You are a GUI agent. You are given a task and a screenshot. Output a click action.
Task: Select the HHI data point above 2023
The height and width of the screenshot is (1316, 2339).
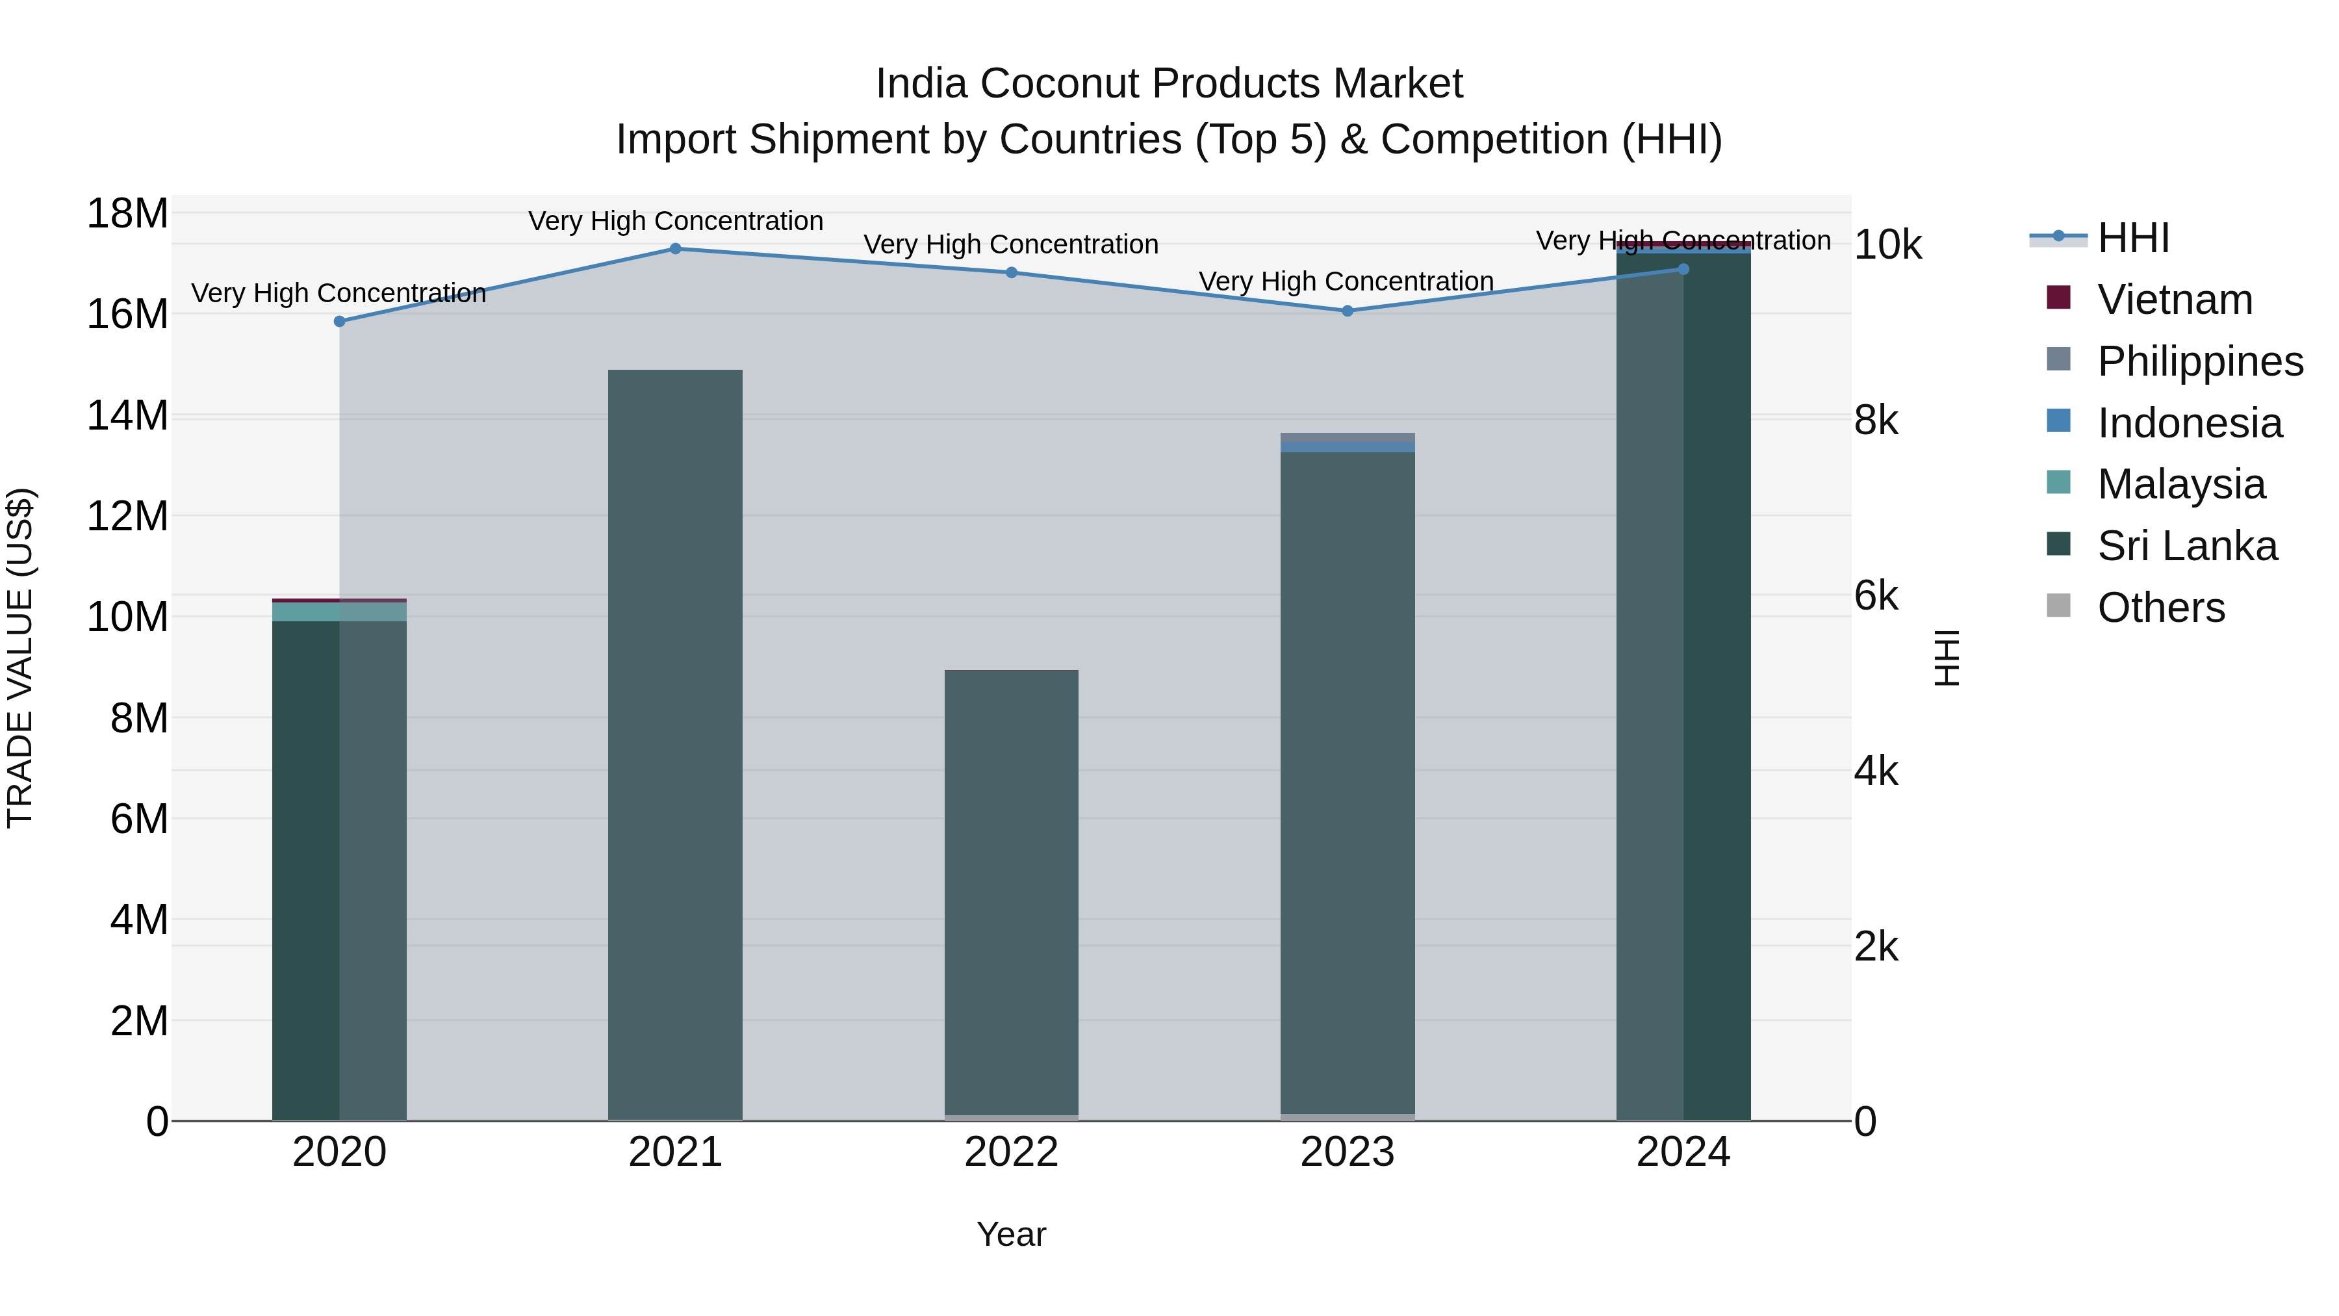point(1347,311)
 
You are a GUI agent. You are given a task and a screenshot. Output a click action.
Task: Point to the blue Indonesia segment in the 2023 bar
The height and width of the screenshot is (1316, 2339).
point(1347,447)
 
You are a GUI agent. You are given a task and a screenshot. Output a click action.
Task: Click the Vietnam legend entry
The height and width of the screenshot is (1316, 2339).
point(2175,300)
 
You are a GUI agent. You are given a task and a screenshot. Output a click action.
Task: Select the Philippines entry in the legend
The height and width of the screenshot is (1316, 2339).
point(2200,361)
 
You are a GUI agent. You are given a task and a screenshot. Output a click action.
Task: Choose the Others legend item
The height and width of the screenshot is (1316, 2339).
point(2161,608)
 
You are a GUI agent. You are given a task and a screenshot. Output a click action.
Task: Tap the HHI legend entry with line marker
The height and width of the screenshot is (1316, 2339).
point(2133,238)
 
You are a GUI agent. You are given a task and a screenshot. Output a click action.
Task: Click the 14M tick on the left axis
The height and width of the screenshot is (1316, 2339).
point(127,416)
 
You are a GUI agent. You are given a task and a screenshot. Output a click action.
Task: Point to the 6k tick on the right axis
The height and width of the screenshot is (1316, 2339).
point(1876,596)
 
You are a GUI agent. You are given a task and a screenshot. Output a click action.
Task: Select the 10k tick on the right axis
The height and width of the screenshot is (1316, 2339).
point(1887,244)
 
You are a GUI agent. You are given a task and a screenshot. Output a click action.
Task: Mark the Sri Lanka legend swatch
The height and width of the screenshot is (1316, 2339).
point(2058,545)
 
